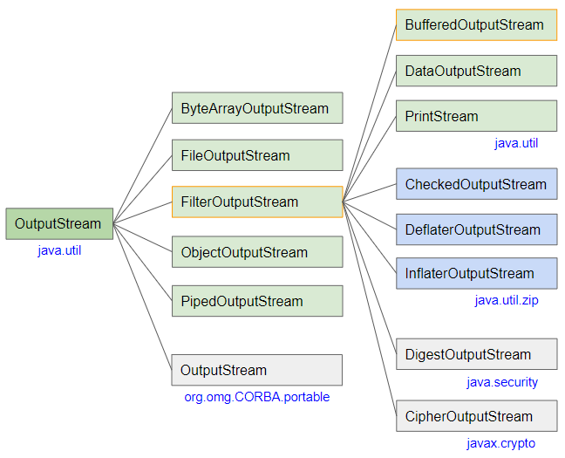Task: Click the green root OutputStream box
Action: [x=59, y=223]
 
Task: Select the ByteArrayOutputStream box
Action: [x=257, y=108]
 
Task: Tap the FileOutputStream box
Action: [x=257, y=155]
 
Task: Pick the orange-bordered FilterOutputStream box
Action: [x=257, y=202]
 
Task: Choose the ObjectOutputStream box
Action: [x=257, y=252]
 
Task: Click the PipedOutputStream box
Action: [x=257, y=301]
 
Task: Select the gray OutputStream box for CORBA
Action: [x=257, y=370]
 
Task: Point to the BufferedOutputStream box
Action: [x=476, y=25]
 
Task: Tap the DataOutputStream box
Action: [x=476, y=71]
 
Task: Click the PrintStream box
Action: [x=476, y=116]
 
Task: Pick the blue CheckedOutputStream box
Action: [x=476, y=184]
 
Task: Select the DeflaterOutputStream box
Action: [x=476, y=229]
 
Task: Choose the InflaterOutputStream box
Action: [x=476, y=273]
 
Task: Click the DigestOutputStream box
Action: [x=476, y=354]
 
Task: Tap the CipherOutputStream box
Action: [x=476, y=416]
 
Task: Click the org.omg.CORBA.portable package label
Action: [x=257, y=397]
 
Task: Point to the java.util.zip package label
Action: [x=507, y=300]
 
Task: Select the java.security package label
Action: [x=502, y=382]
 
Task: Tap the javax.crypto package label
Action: [x=500, y=443]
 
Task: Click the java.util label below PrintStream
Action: [x=516, y=143]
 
